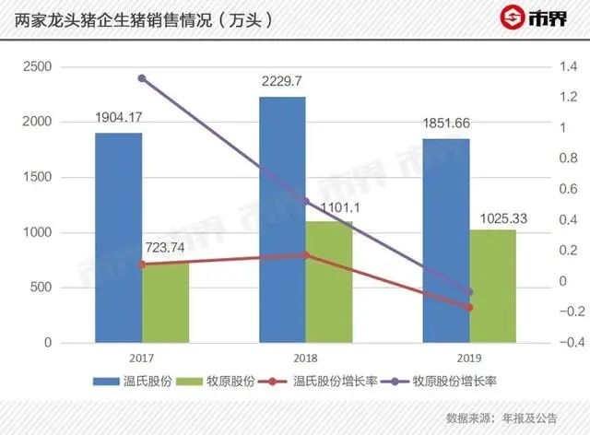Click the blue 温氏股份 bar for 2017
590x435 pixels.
[x=119, y=238]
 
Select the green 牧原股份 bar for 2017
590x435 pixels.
[x=165, y=302]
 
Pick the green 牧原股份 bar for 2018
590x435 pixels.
[x=328, y=282]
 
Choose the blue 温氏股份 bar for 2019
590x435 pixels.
[x=446, y=241]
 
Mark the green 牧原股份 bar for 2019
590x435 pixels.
[x=492, y=286]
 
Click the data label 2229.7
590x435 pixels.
[x=283, y=81]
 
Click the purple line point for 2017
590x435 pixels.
[x=142, y=78]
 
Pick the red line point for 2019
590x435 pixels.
[x=469, y=307]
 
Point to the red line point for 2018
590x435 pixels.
[x=305, y=255]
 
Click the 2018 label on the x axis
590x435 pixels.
[x=305, y=359]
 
